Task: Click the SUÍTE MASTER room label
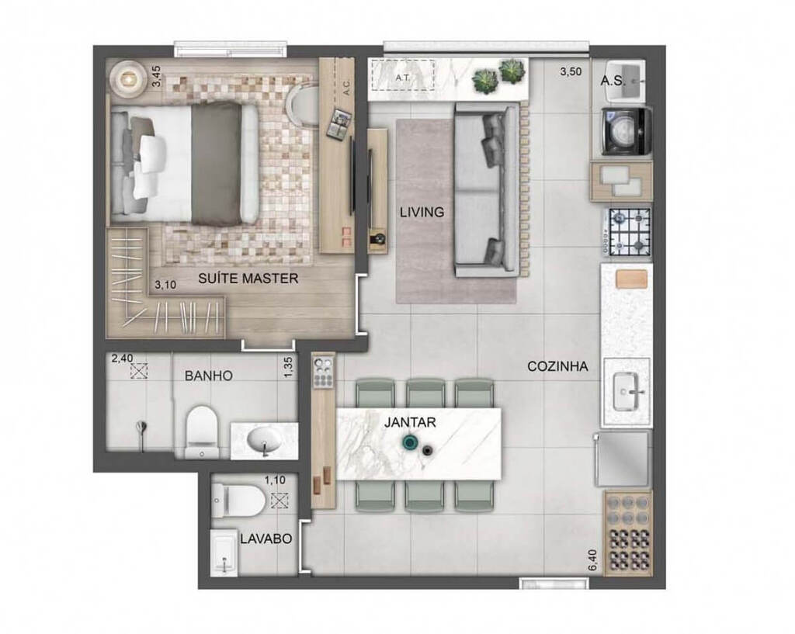click(248, 279)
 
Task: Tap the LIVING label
click(422, 211)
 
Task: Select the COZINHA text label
click(557, 366)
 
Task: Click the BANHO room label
click(208, 376)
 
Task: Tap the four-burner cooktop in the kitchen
click(629, 232)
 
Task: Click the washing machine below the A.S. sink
click(627, 133)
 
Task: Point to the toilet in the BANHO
click(203, 430)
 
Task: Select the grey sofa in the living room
click(486, 190)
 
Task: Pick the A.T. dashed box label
click(402, 78)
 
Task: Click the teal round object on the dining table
click(408, 443)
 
